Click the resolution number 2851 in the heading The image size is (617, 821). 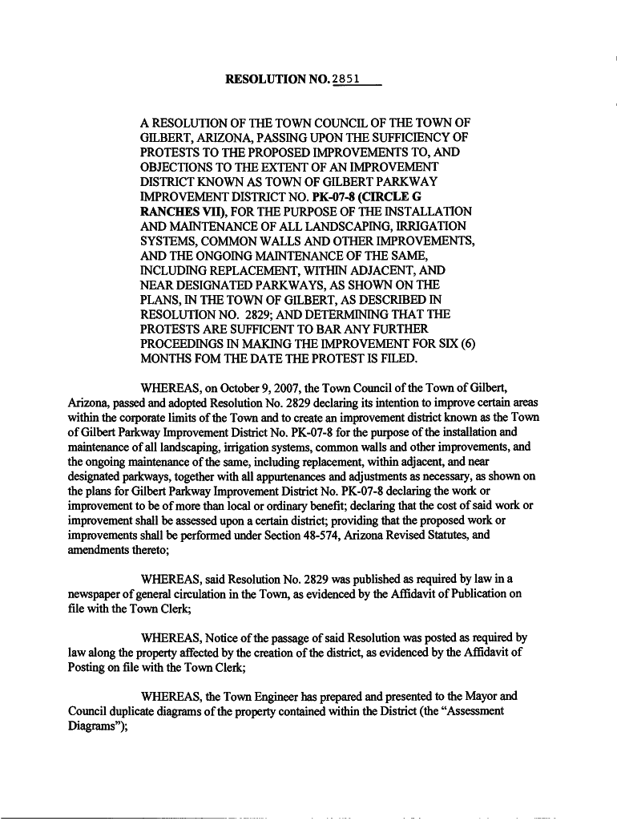click(345, 79)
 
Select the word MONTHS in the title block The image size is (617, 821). click(167, 358)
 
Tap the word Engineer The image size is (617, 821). click(306, 696)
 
